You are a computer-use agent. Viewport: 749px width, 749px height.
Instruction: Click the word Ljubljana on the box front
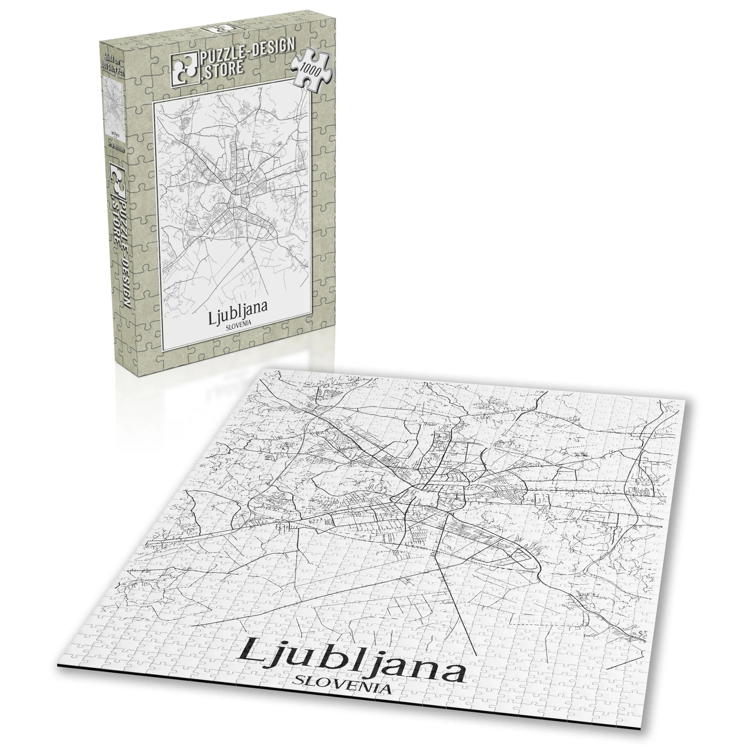237,308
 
